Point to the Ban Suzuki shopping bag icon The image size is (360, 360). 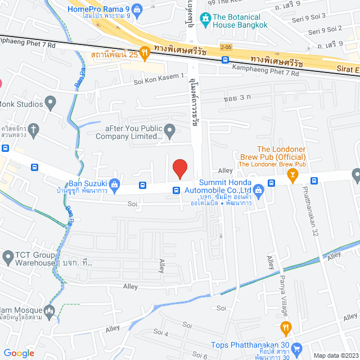[114, 183]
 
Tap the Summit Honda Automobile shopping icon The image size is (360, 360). [258, 190]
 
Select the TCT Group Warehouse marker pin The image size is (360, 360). [8, 258]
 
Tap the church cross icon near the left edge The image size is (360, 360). [33, 129]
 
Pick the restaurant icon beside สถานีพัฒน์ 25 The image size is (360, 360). [144, 54]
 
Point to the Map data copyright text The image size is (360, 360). [335, 355]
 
